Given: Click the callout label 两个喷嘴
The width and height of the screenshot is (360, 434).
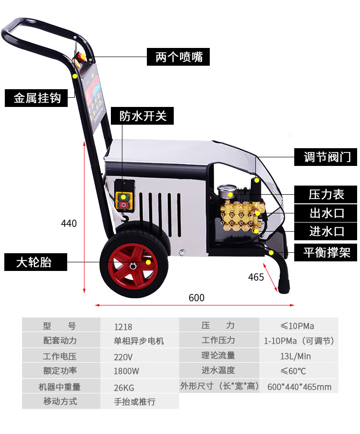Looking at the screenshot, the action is [x=178, y=57].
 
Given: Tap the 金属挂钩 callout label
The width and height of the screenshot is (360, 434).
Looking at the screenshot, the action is [x=36, y=98].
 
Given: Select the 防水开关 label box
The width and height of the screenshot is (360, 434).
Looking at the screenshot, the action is [x=142, y=116].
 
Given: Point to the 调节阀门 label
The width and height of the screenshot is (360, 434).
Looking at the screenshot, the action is [x=325, y=157].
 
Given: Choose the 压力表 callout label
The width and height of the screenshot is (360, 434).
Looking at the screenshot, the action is [x=325, y=194].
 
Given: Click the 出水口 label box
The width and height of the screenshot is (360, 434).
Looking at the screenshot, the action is [x=325, y=213].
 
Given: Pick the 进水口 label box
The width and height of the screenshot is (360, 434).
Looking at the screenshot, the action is [x=325, y=231].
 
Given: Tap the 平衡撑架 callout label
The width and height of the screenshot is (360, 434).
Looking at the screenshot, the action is [x=325, y=252].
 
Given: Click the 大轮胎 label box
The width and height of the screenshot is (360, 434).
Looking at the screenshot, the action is [x=36, y=262].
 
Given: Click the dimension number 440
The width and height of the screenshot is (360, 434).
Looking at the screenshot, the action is [x=69, y=223].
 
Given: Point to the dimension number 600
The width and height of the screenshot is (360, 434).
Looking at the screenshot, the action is [x=196, y=298].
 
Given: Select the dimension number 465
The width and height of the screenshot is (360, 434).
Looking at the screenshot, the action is [x=256, y=277].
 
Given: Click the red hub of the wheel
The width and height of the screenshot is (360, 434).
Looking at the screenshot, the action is [x=133, y=266].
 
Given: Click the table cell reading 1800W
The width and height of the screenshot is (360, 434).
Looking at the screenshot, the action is [x=139, y=371].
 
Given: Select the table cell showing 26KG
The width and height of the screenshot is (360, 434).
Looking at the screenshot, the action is [x=139, y=386].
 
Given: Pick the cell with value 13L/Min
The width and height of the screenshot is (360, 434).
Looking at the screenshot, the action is [x=299, y=356].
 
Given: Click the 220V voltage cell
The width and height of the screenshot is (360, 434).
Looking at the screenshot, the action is [x=139, y=356].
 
